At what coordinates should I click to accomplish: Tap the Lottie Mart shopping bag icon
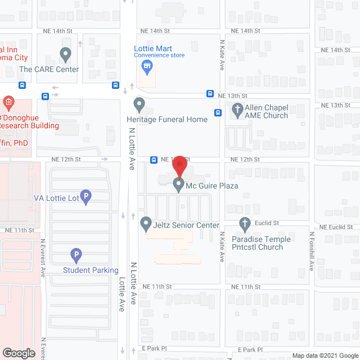pyautogui.click(x=147, y=68)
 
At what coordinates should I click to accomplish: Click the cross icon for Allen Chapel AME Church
pyautogui.click(x=237, y=109)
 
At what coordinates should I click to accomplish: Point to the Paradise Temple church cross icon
pyautogui.click(x=245, y=224)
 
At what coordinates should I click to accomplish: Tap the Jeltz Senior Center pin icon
pyautogui.click(x=146, y=224)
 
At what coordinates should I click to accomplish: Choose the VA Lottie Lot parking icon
pyautogui.click(x=86, y=197)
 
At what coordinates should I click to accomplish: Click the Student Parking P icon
pyautogui.click(x=76, y=255)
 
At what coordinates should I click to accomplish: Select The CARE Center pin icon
pyautogui.click(x=66, y=55)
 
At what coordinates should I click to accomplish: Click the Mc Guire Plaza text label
pyautogui.click(x=213, y=186)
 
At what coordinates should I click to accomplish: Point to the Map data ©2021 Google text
pyautogui.click(x=325, y=355)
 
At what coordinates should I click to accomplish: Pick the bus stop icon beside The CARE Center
pyautogui.click(x=22, y=85)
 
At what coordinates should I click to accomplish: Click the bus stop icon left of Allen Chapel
pyautogui.click(x=218, y=112)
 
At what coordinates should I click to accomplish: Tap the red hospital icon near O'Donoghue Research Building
pyautogui.click(x=8, y=102)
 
